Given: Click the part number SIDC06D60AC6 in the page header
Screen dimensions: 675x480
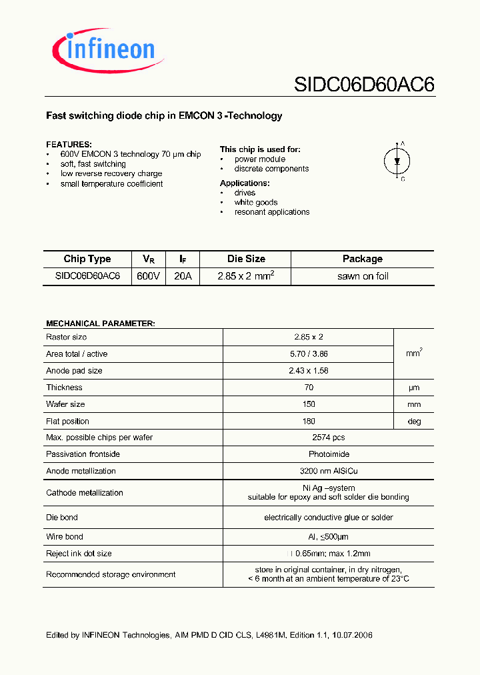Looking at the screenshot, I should (364, 85).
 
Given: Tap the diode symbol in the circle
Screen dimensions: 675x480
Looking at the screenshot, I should (396, 161).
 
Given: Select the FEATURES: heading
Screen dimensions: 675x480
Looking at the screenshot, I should (69, 145).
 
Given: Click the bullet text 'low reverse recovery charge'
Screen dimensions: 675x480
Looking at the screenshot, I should (111, 174).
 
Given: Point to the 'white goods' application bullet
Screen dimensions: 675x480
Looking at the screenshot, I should (256, 202).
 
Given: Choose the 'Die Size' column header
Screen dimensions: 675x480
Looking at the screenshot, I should (245, 259).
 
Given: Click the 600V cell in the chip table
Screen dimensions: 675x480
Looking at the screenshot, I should (148, 276).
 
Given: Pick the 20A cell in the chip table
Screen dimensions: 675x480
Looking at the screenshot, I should (183, 276).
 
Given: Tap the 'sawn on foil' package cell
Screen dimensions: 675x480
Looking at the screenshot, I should (363, 276).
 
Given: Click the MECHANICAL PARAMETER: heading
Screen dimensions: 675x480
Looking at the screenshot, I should (101, 323).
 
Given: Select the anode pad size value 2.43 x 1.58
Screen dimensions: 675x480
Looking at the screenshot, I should (309, 371).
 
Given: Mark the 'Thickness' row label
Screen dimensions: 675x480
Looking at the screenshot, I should (65, 388).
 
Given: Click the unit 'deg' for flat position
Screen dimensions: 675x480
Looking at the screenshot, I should (413, 421).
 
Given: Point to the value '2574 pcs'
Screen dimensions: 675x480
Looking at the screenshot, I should (329, 438).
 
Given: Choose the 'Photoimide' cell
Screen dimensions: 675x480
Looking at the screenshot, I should (329, 454).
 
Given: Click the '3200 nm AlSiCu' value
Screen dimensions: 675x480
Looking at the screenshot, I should (329, 471).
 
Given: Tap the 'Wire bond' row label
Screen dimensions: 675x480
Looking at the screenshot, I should (65, 537).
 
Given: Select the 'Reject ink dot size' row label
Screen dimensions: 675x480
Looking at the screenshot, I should (79, 554).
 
